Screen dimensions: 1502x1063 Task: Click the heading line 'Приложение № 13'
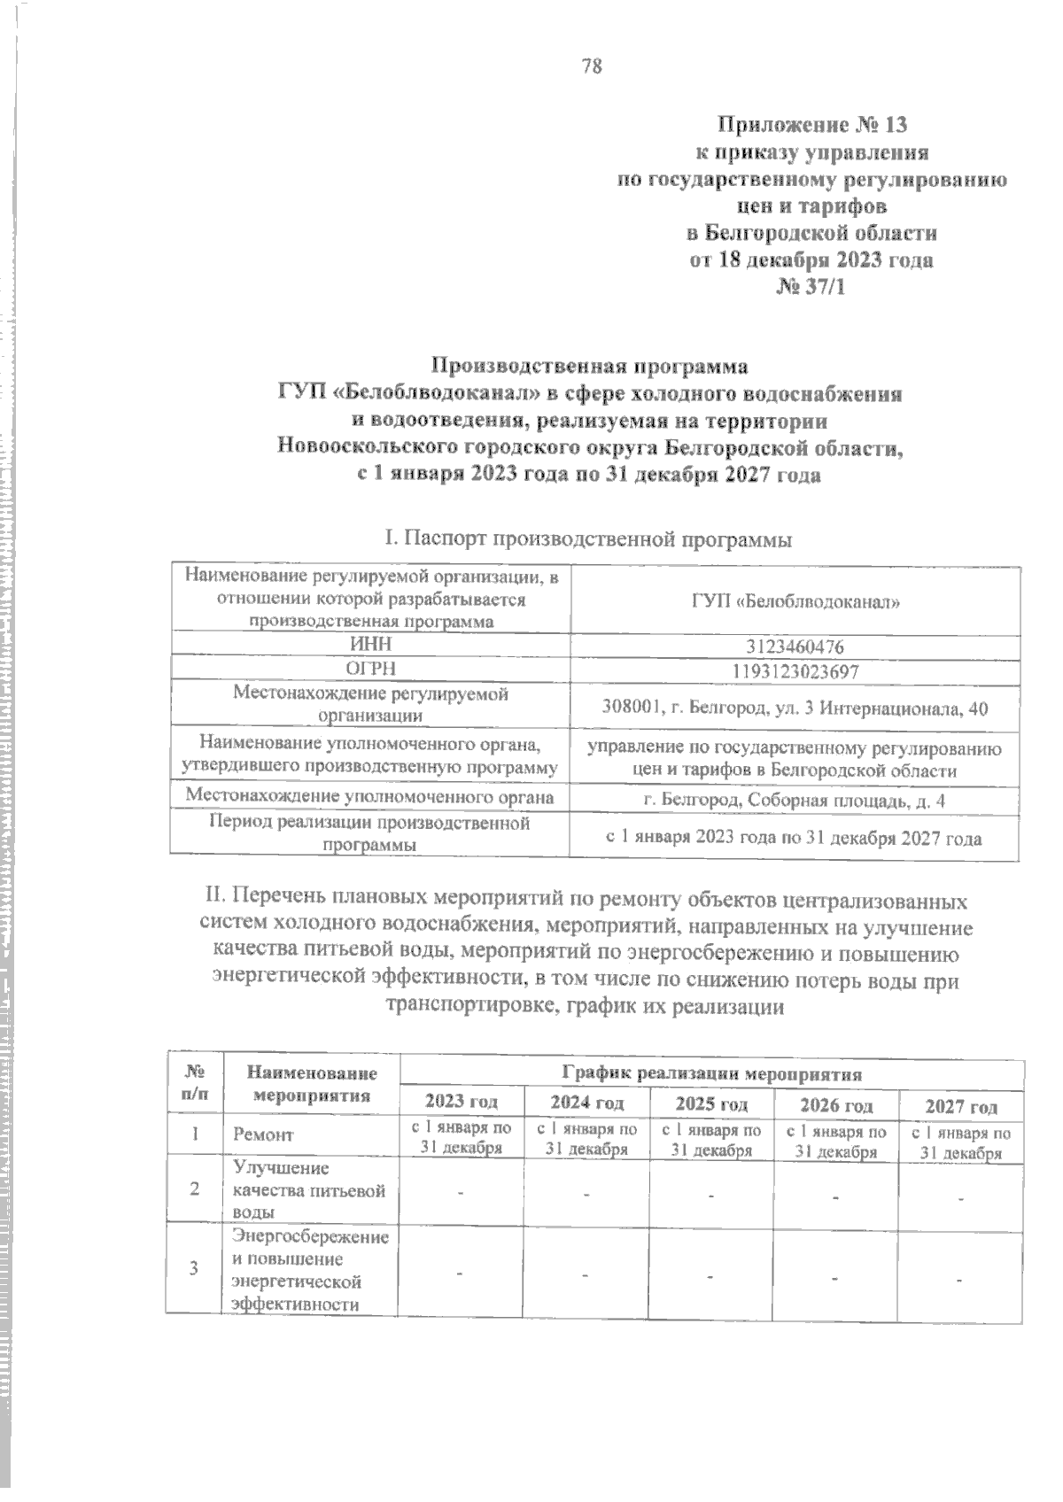coord(811,124)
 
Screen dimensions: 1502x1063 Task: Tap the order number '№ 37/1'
coord(811,287)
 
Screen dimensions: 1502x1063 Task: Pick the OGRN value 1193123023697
coord(795,671)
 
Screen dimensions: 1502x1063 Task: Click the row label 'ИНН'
coord(371,644)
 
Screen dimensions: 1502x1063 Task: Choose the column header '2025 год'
coord(711,1103)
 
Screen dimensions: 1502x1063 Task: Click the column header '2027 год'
coord(961,1105)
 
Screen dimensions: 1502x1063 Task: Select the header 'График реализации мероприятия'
coord(712,1074)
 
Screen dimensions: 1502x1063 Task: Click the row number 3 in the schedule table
coord(194,1267)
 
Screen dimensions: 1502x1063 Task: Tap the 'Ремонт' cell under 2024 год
coord(586,1140)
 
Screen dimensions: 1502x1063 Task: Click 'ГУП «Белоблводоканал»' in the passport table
coord(795,601)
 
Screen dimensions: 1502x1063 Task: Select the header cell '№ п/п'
coord(194,1082)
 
